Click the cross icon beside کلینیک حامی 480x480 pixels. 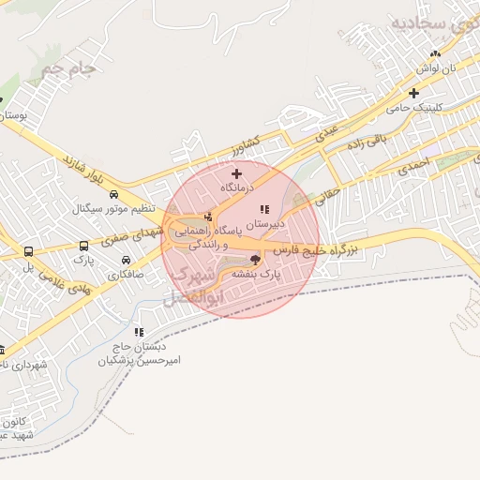point(413,93)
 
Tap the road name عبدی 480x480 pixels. point(325,134)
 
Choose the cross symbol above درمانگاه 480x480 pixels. point(236,173)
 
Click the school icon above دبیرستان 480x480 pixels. point(264,208)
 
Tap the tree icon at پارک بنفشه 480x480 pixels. point(256,260)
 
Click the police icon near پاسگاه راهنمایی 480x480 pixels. point(207,217)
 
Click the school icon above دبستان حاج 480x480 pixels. point(139,332)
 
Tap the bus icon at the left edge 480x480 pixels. point(29,253)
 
